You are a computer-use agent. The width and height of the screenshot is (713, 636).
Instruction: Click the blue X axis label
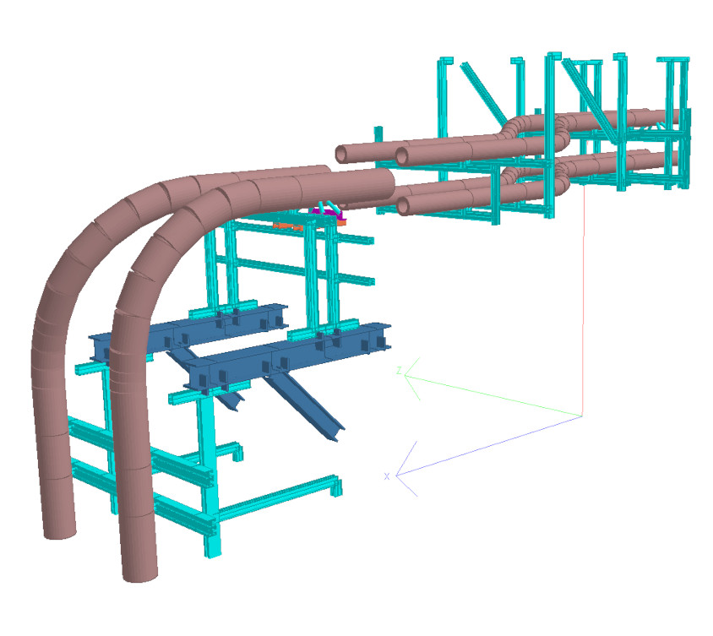coord(387,476)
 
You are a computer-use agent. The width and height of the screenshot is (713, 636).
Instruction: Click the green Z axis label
coord(399,371)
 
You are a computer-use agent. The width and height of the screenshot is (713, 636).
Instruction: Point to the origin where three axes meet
coord(582,416)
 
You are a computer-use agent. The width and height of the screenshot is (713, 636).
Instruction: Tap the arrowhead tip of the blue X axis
coord(396,476)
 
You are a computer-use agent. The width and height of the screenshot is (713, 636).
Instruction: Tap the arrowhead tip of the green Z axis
coord(405,376)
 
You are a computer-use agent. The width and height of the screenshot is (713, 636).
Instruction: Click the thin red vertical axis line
coord(584,300)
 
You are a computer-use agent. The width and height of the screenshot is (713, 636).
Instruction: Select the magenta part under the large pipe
coord(329,213)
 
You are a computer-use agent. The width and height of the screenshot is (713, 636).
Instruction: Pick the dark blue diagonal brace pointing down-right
coord(304,406)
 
